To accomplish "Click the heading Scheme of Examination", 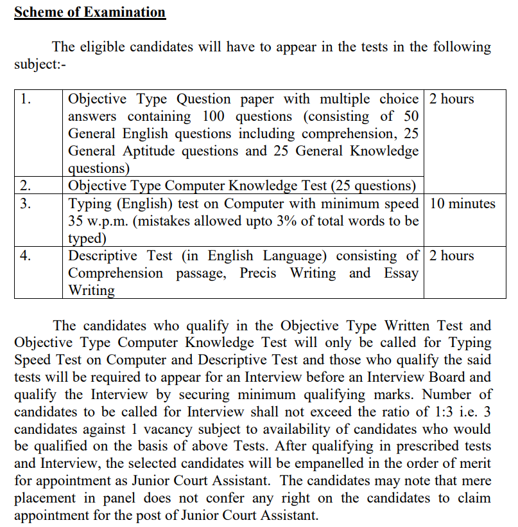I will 90,12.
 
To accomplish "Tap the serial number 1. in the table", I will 26,99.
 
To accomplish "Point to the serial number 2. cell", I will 26,186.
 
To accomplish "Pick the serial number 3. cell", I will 26,204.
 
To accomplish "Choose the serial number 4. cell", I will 26,256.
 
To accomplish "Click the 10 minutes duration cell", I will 462,204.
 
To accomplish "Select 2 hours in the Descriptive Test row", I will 452,256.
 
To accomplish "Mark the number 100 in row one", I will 214,116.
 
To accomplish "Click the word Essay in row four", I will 401,273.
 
